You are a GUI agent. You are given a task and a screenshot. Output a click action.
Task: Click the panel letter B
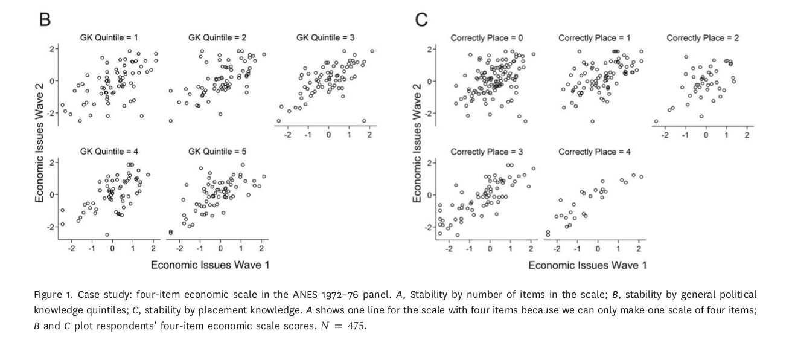coord(44,19)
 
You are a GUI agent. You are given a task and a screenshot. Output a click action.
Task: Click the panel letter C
coord(422,19)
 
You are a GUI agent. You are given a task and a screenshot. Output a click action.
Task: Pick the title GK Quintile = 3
coord(325,38)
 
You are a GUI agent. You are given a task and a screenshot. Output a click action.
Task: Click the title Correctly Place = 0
coord(487,38)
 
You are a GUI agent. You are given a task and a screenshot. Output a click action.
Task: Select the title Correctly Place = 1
coord(594,38)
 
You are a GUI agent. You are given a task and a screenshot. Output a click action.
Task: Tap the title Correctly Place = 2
coord(702,38)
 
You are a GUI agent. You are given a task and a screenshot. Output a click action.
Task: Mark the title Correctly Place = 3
coord(487,151)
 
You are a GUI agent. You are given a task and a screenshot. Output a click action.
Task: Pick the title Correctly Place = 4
coord(594,151)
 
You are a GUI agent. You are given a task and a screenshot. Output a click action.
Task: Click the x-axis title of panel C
coord(587,265)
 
